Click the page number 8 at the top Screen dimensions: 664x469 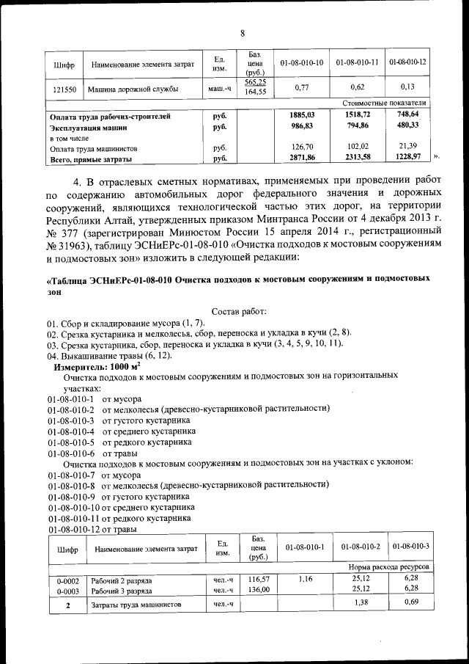(241, 33)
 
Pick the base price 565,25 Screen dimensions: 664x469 (255, 82)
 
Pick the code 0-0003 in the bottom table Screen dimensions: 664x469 (67, 589)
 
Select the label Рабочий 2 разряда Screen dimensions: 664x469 (122, 579)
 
